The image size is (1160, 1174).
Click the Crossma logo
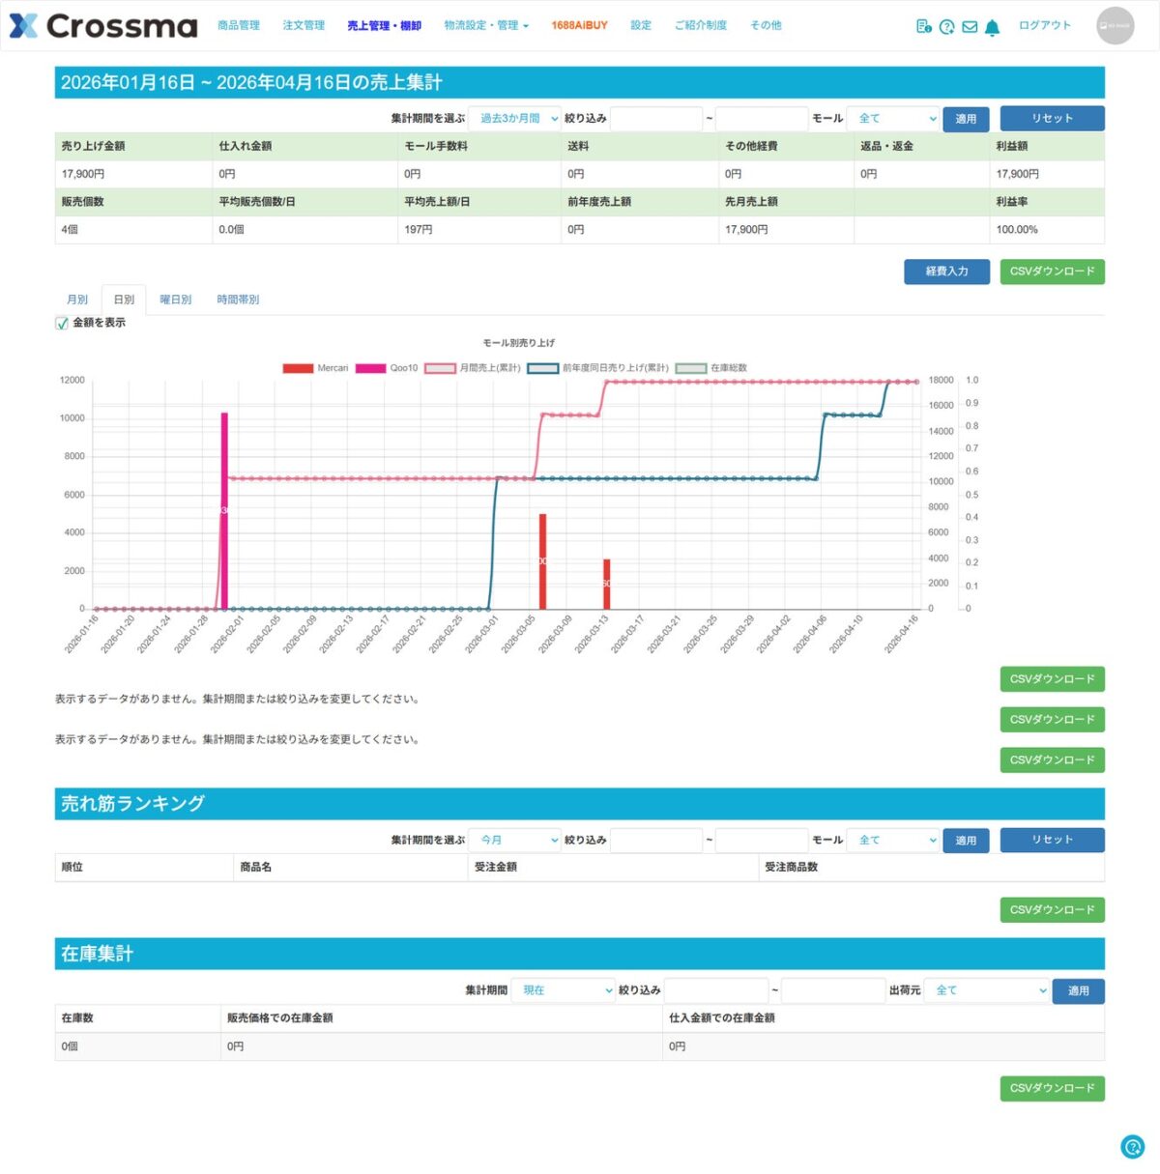click(x=102, y=26)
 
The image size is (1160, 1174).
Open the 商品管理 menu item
click(x=239, y=26)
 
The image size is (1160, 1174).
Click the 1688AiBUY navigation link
click(x=579, y=26)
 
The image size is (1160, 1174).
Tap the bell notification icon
click(x=992, y=27)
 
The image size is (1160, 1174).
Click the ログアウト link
click(x=1044, y=26)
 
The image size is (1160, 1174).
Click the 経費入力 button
click(x=946, y=272)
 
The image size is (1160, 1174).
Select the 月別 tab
click(x=77, y=300)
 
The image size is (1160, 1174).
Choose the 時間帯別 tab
click(x=238, y=300)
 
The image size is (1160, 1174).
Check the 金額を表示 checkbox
click(x=62, y=324)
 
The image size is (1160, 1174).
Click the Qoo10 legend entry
click(x=387, y=368)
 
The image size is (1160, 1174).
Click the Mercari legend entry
click(x=315, y=368)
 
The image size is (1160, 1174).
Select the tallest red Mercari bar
click(x=542, y=560)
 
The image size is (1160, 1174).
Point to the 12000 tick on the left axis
click(x=72, y=381)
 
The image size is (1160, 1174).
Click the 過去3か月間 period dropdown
click(x=514, y=119)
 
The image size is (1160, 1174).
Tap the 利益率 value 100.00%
click(x=1017, y=230)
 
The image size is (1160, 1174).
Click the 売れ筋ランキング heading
click(x=132, y=804)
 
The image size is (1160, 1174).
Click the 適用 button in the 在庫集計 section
click(x=1078, y=991)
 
